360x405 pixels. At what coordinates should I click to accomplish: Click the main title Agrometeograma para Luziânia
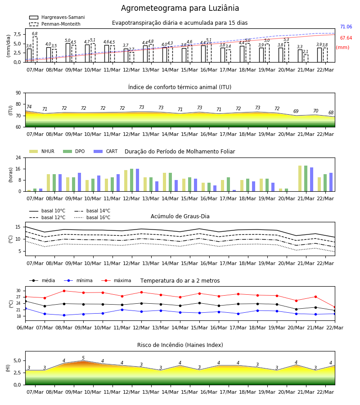point(180,8)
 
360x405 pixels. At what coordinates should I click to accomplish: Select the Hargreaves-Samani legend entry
point(57,17)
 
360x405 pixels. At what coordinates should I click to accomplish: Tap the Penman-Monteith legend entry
point(55,24)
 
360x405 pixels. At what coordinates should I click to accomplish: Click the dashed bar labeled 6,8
point(35,49)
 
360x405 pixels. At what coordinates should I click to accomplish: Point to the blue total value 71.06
point(346,27)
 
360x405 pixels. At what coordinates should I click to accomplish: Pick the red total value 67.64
point(346,38)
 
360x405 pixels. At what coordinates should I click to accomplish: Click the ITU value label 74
point(29,107)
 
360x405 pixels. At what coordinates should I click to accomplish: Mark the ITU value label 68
point(331,112)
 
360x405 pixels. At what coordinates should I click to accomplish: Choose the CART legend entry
point(105,151)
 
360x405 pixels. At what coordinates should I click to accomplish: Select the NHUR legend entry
point(41,151)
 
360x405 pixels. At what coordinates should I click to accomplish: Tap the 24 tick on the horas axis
point(18,157)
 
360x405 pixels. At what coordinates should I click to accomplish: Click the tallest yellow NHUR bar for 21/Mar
point(300,179)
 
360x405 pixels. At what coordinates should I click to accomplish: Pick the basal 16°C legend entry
point(92,217)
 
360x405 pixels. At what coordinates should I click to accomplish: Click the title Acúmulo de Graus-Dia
point(180,216)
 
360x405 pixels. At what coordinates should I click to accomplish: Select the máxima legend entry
point(116,280)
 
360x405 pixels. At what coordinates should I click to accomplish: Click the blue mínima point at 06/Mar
point(25,308)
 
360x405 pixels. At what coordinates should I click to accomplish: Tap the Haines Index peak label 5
point(83,358)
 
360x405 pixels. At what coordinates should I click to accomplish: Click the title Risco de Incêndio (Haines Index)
point(180,345)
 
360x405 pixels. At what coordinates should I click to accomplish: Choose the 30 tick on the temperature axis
point(18,291)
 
